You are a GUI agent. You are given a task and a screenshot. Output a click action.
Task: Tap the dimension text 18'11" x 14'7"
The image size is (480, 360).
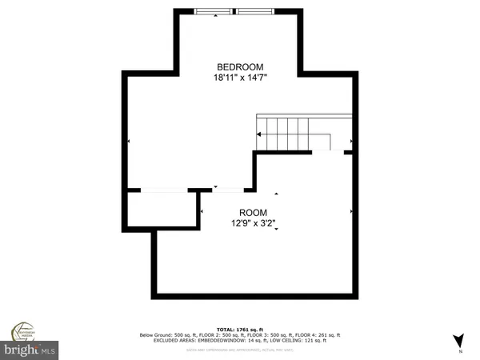pos(240,78)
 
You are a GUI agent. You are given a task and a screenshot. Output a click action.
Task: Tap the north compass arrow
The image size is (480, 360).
pos(458,340)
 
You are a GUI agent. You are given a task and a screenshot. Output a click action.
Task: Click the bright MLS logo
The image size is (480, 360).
pos(29,350)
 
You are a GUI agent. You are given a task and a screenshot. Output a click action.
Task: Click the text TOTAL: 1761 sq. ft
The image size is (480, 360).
pos(240,328)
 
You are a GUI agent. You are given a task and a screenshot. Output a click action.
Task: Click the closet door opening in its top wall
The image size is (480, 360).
pos(165,190)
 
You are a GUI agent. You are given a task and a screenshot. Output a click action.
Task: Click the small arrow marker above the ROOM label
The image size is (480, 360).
pos(276,194)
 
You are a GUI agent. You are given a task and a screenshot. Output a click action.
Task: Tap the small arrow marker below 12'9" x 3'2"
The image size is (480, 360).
pos(276,230)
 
